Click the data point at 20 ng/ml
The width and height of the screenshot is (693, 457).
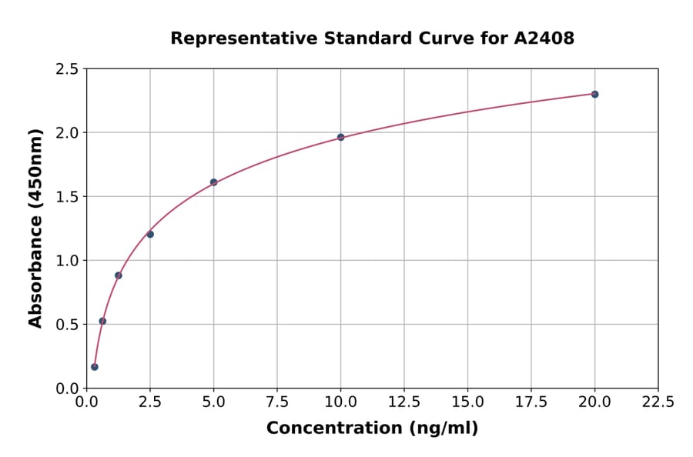(x=594, y=94)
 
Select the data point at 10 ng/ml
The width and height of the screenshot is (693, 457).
(x=340, y=137)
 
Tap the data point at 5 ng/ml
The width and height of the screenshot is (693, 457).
(x=213, y=182)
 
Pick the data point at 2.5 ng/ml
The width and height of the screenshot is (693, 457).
(x=150, y=234)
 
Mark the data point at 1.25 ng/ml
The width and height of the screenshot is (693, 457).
(x=119, y=275)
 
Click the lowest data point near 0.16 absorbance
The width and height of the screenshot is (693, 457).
(x=95, y=367)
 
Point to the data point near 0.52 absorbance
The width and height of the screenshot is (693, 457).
(x=102, y=321)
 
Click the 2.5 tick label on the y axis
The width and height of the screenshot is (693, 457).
(x=67, y=69)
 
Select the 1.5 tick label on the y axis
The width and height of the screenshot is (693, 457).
(x=67, y=197)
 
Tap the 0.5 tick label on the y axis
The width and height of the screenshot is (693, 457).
(x=67, y=325)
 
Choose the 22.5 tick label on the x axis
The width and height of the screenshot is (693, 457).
(x=658, y=402)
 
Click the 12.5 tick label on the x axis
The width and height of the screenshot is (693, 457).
(x=403, y=402)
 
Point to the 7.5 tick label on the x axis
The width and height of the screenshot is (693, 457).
(x=277, y=402)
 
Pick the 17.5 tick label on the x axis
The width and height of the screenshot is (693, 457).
(x=531, y=402)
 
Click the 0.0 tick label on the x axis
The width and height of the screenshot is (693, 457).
(x=87, y=402)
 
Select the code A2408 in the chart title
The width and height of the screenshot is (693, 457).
(x=544, y=38)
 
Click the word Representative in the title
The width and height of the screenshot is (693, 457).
(x=237, y=38)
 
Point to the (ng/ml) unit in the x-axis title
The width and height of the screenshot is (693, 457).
(x=443, y=429)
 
